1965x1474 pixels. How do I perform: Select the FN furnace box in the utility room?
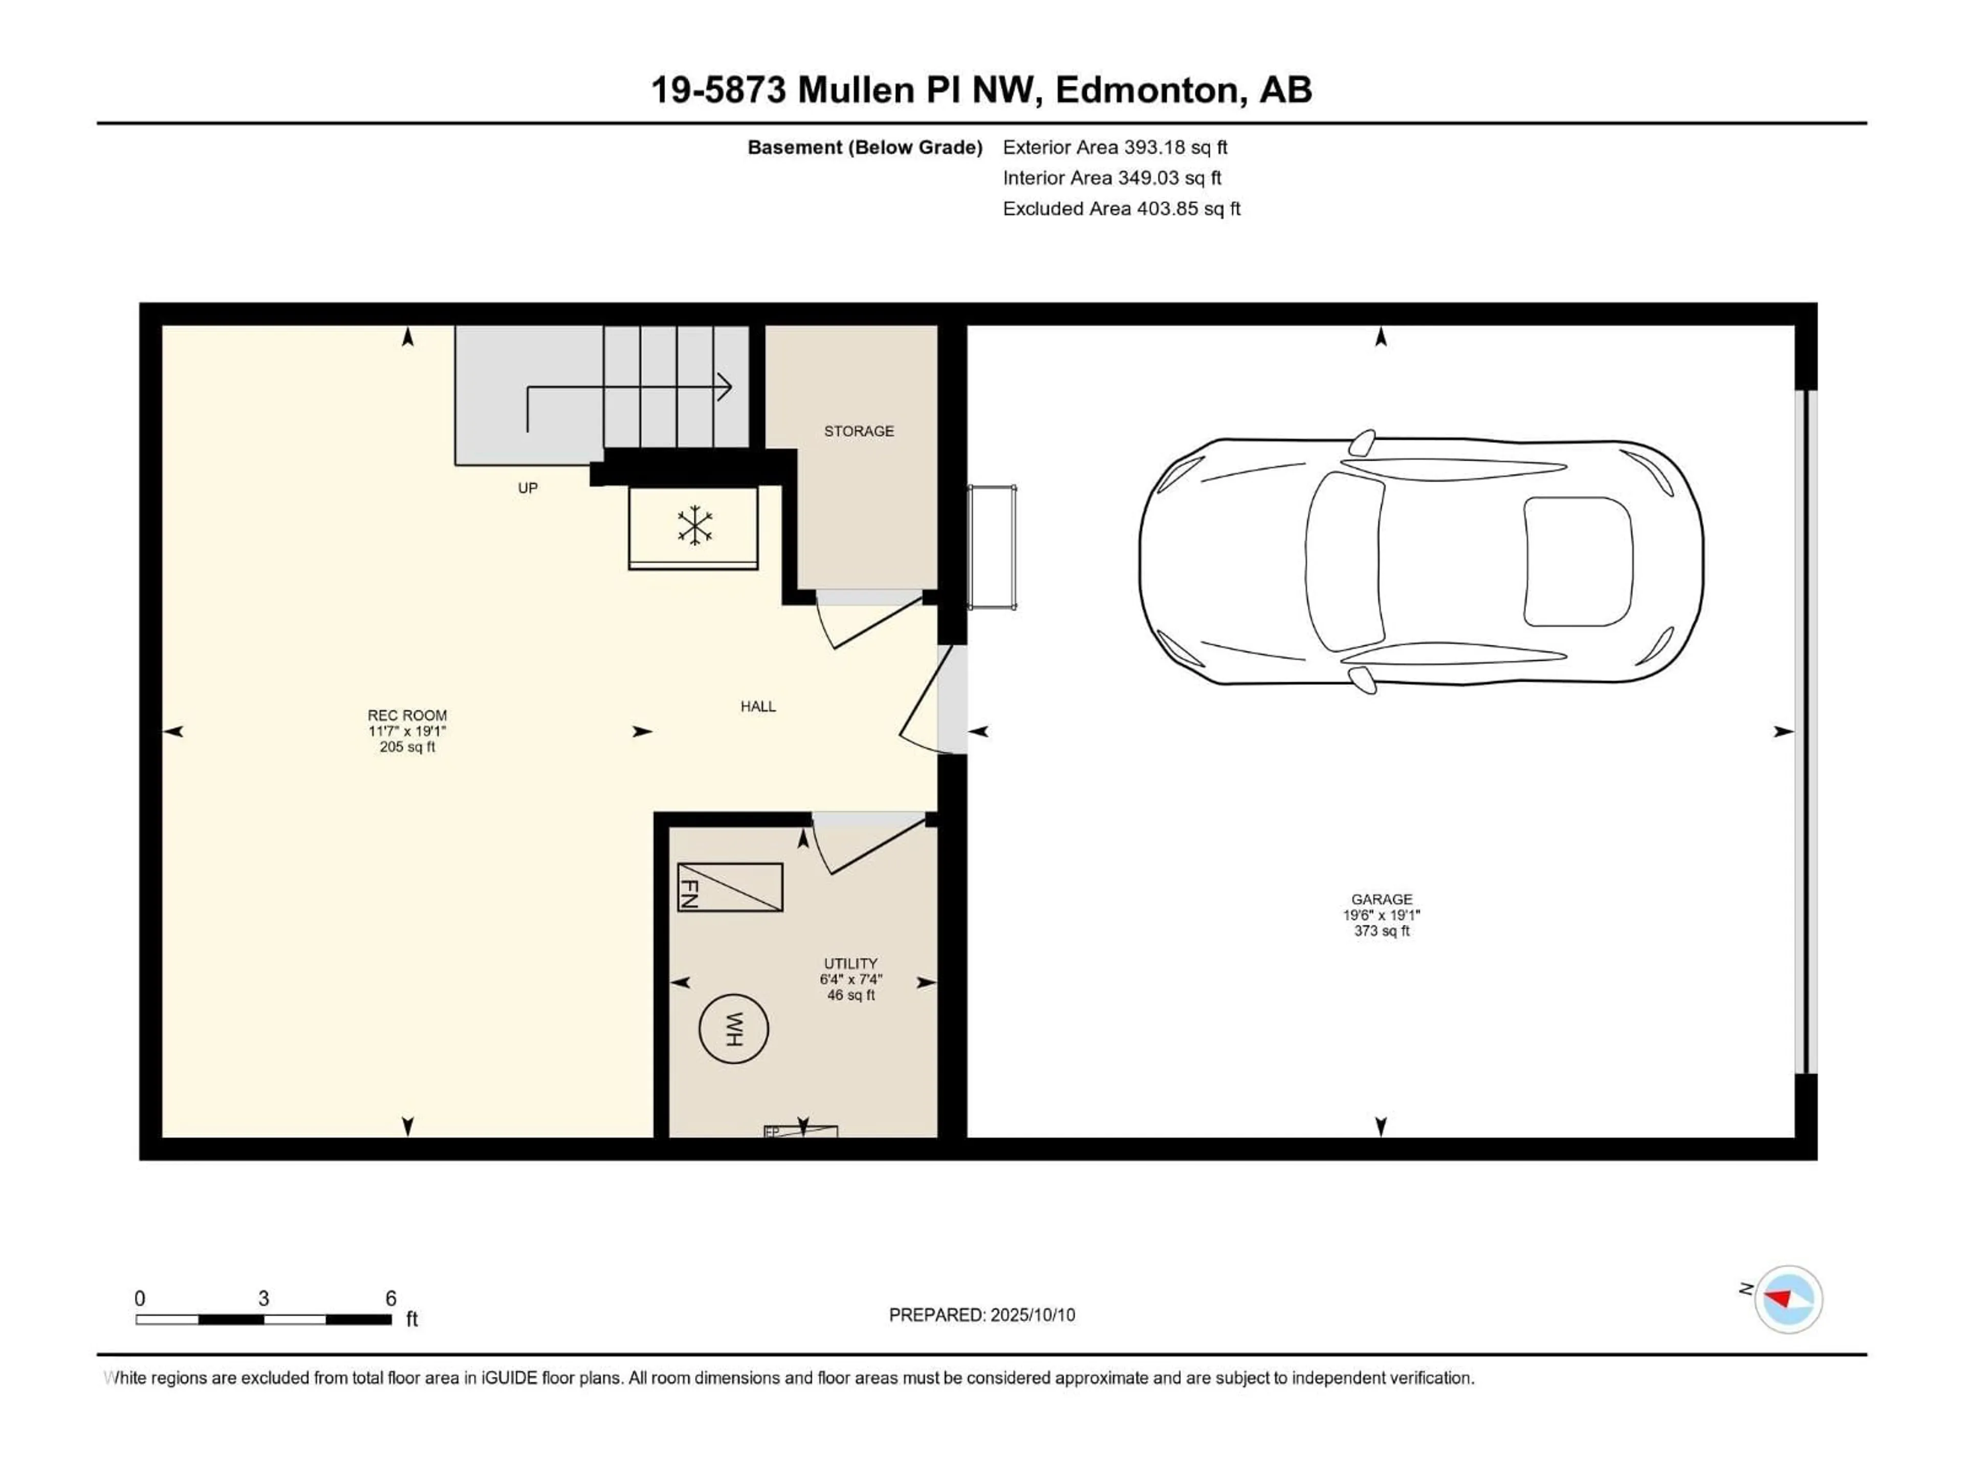(729, 887)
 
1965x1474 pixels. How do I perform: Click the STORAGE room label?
(858, 431)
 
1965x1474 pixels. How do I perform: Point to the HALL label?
(758, 706)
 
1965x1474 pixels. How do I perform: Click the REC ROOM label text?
(407, 715)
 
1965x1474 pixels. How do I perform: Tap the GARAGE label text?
(1381, 899)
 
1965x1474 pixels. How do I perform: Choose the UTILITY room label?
(850, 963)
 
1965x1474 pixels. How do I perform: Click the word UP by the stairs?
(528, 488)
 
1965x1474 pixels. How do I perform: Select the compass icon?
(1788, 1299)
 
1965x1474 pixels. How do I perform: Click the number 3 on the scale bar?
(264, 1298)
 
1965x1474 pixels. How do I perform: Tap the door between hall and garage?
(924, 702)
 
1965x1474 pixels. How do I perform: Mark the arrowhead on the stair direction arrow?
(724, 386)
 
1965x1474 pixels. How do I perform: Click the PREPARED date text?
(981, 1315)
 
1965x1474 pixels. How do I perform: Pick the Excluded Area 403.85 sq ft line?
(1121, 209)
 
